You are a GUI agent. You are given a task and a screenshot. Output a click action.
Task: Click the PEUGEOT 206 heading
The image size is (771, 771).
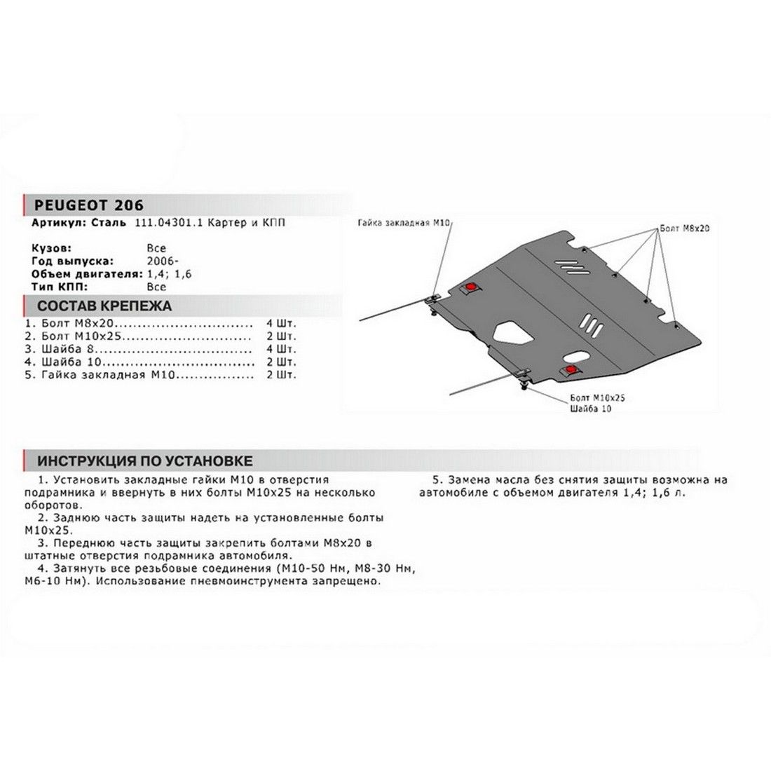pos(83,205)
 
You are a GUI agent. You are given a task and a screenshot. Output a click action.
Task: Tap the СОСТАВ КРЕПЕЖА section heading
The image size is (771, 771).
pos(104,306)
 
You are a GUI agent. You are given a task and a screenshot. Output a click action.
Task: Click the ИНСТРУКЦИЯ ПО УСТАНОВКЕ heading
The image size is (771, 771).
pos(145,460)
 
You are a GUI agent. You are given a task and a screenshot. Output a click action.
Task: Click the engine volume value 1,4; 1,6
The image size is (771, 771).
pos(168,273)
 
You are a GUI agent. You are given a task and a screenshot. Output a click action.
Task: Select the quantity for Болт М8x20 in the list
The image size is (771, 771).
pos(282,325)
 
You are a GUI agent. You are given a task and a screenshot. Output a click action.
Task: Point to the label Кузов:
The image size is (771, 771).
pos(50,248)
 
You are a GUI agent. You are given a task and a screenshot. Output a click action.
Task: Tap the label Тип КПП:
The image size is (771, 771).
pos(58,286)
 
